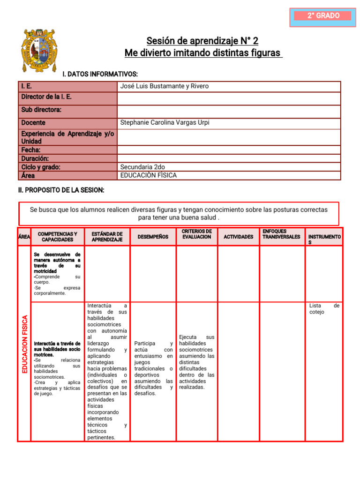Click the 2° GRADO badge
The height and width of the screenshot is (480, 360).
tap(323, 16)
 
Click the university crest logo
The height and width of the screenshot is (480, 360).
tap(39, 50)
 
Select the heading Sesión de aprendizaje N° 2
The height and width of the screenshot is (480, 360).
tap(202, 41)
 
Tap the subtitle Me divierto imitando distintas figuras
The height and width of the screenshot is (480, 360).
tap(203, 53)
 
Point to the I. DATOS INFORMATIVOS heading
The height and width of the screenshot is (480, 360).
tap(100, 75)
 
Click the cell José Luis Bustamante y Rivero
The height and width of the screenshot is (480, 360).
tap(165, 86)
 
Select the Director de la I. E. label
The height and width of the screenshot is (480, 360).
tap(46, 97)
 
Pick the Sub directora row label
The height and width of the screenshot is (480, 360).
tap(41, 110)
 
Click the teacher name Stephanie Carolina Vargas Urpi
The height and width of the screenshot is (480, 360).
tap(165, 123)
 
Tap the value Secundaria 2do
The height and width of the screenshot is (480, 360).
tap(142, 167)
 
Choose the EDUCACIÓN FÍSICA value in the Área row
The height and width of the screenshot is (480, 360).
tap(149, 176)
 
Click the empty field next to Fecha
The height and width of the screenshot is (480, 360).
tap(229, 150)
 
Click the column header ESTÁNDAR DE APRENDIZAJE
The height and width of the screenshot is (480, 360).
tap(107, 237)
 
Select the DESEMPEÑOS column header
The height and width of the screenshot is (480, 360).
tap(153, 237)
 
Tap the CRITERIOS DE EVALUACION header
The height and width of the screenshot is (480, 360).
tap(197, 234)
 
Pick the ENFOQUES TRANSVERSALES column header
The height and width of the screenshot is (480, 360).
tap(281, 234)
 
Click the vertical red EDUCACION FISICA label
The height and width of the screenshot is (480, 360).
tap(25, 344)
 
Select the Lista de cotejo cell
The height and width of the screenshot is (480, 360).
tap(324, 309)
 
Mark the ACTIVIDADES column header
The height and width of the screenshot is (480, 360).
tap(238, 237)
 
